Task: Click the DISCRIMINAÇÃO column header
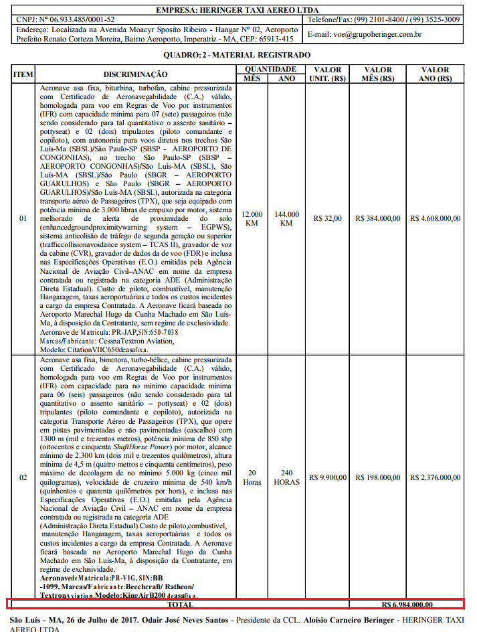pyautogui.click(x=136, y=74)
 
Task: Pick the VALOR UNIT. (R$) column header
pyautogui.click(x=327, y=74)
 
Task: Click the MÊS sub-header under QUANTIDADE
pyautogui.click(x=252, y=79)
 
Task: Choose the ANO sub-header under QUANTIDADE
pyautogui.click(x=287, y=79)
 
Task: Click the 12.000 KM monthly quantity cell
pyautogui.click(x=252, y=218)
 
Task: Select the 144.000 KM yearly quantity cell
pyautogui.click(x=287, y=218)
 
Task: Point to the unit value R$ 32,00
pyautogui.click(x=327, y=218)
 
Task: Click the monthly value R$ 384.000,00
pyautogui.click(x=378, y=218)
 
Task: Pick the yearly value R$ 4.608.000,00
pyautogui.click(x=436, y=218)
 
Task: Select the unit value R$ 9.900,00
pyautogui.click(x=328, y=477)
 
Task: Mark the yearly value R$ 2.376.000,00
pyautogui.click(x=436, y=477)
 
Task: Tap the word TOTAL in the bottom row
pyautogui.click(x=176, y=605)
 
